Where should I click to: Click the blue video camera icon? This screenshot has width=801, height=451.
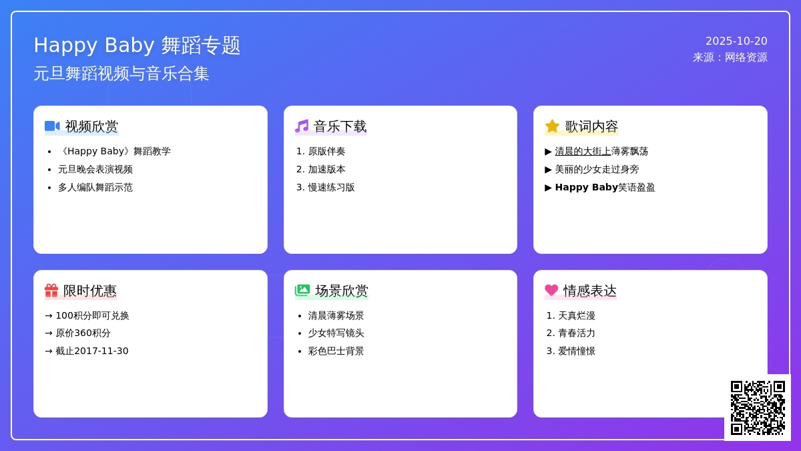52,126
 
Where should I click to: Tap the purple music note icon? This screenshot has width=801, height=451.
302,126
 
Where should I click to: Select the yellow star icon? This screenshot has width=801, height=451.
552,126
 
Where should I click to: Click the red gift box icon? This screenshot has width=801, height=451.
51,290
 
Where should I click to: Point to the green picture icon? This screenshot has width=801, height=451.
302,290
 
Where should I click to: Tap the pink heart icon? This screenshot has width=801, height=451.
551,290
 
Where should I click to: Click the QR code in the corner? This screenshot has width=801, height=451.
758,408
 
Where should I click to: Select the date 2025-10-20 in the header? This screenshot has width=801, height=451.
736,41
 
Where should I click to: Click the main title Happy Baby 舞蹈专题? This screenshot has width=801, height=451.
137,45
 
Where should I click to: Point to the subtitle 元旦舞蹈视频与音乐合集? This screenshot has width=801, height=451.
121,73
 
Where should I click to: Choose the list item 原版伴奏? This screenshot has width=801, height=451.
326,152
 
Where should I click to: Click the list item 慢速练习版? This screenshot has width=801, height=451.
331,188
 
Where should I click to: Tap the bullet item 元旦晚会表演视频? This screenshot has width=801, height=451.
95,169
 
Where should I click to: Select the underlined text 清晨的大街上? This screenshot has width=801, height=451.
583,152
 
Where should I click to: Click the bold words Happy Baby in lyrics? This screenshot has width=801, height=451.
587,188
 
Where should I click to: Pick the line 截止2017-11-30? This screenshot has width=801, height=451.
92,351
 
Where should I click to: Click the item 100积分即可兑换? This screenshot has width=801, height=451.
92,315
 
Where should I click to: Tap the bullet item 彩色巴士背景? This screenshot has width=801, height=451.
336,351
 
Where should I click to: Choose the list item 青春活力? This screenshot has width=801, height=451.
577,333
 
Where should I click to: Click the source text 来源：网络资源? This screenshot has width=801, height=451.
730,57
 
